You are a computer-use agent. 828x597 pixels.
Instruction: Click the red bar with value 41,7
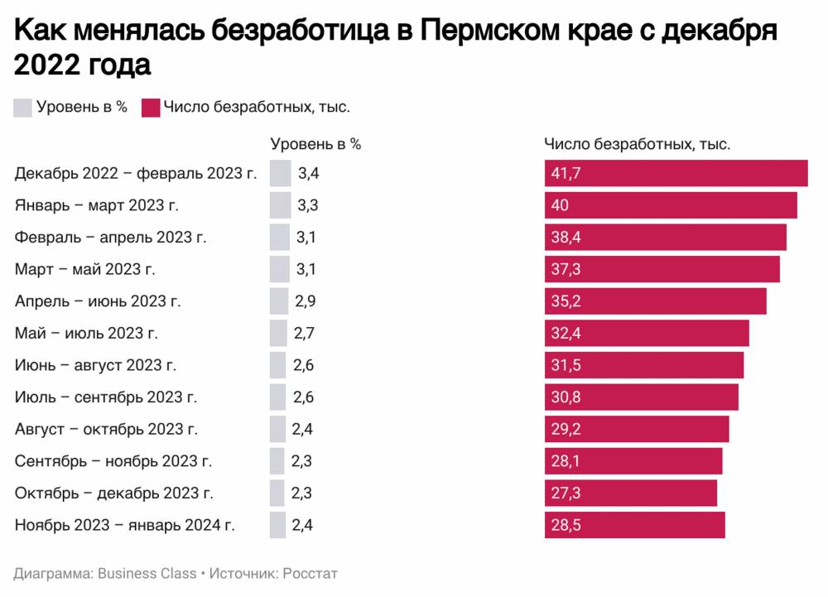(676, 173)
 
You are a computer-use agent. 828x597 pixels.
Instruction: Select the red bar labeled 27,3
(631, 493)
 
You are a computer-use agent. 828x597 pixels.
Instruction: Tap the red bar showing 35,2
(655, 301)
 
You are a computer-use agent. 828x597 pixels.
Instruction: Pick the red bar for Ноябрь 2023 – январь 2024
(634, 525)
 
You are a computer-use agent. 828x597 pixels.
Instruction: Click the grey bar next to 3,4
(281, 173)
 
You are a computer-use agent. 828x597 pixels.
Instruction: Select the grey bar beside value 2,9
(279, 301)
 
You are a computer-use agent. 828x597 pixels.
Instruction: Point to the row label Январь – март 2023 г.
(97, 205)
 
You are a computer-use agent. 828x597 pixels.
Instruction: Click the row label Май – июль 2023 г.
(86, 333)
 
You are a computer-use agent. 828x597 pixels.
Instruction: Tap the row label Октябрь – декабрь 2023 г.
(114, 493)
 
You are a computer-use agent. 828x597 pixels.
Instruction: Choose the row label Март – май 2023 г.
(85, 269)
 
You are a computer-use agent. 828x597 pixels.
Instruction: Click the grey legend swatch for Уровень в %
(23, 107)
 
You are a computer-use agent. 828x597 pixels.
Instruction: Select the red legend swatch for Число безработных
(151, 107)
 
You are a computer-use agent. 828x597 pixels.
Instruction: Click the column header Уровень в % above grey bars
(315, 143)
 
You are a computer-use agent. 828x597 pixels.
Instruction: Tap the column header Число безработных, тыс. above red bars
(637, 143)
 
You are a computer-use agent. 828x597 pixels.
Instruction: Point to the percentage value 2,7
(304, 333)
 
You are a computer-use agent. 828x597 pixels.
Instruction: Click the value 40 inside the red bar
(561, 205)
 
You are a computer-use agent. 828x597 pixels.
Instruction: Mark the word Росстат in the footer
(310, 573)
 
